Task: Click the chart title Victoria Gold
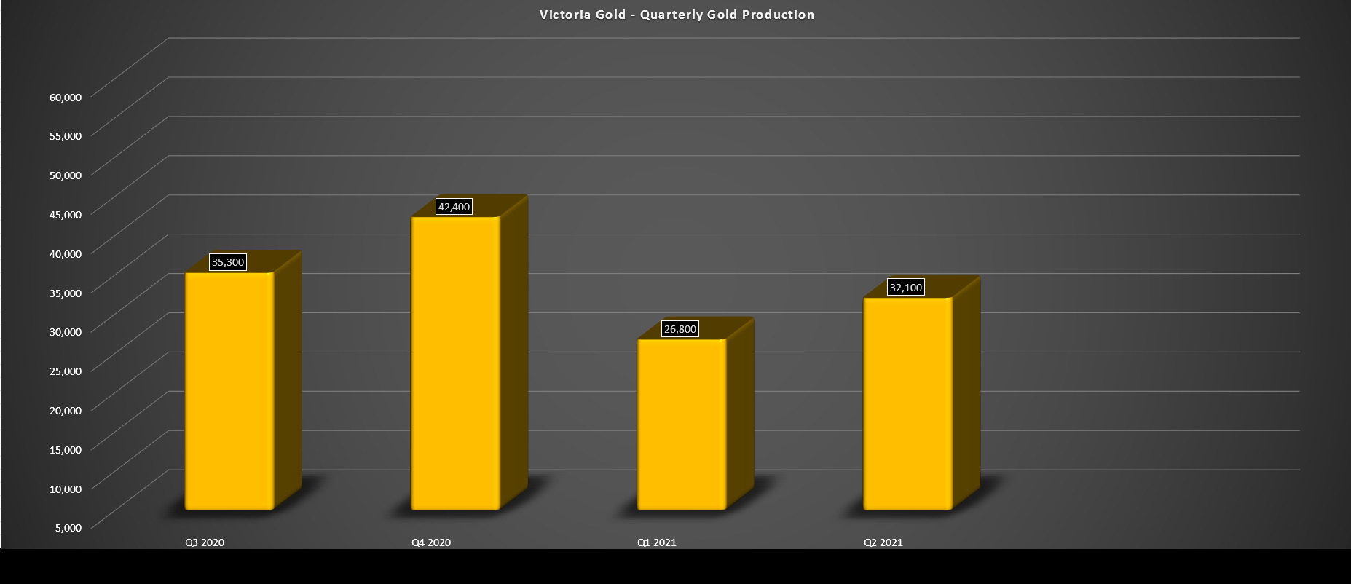pos(677,15)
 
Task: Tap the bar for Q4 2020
pos(455,364)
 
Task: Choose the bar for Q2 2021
pos(907,404)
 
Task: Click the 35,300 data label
pos(228,262)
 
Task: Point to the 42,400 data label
pos(454,207)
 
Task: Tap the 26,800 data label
pos(680,329)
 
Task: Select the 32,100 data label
pos(906,288)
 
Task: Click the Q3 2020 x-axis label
pos(205,542)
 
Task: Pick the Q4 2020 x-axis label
pos(431,542)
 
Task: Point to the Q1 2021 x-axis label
pos(657,542)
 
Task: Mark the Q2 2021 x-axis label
pos(883,542)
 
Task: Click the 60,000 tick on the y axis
pos(66,96)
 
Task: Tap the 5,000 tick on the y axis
pos(68,527)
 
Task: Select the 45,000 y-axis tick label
pos(66,214)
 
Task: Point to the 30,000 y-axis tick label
pos(66,331)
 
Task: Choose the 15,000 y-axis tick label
pos(66,449)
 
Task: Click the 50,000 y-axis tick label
pos(66,175)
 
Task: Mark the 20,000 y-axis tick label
pos(66,410)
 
